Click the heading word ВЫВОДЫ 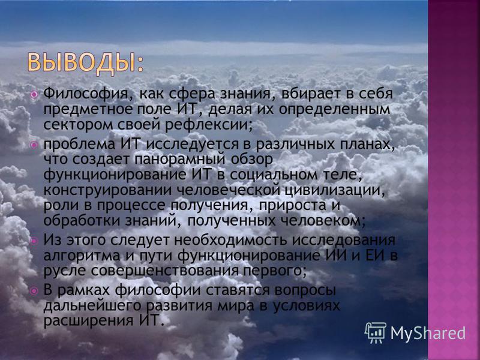[x=82, y=64]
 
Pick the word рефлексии [x=209, y=125]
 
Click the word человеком [x=323, y=221]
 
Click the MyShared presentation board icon [x=376, y=333]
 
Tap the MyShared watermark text [x=428, y=333]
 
